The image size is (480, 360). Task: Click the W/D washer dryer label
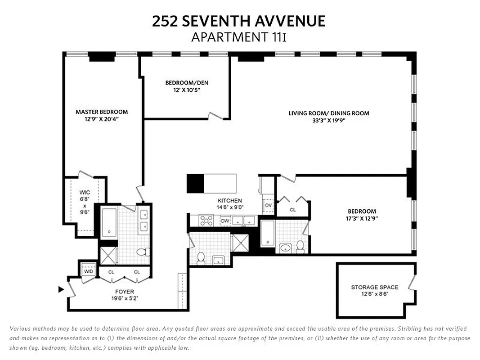point(87,271)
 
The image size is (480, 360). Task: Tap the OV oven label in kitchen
point(269,206)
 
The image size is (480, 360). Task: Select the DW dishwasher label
point(225,221)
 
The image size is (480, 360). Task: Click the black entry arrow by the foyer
point(61,289)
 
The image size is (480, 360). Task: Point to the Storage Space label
point(374,287)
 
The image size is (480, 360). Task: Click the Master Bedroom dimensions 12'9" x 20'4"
point(102,119)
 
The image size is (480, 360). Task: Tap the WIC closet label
point(85,193)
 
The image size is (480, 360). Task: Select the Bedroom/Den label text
point(187,83)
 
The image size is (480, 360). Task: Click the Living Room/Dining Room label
point(329,113)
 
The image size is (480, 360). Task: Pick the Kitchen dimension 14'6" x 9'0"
point(230,207)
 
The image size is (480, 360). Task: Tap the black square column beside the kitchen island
point(195,184)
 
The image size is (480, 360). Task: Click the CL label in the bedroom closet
point(293,210)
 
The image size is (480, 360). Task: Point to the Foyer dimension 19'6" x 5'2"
point(124,298)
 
